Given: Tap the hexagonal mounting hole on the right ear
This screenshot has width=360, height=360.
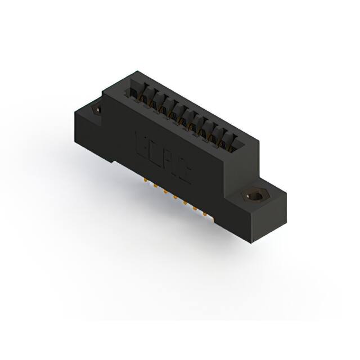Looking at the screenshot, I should coord(256,197).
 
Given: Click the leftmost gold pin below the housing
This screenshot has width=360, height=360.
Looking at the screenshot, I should coord(145,181).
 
